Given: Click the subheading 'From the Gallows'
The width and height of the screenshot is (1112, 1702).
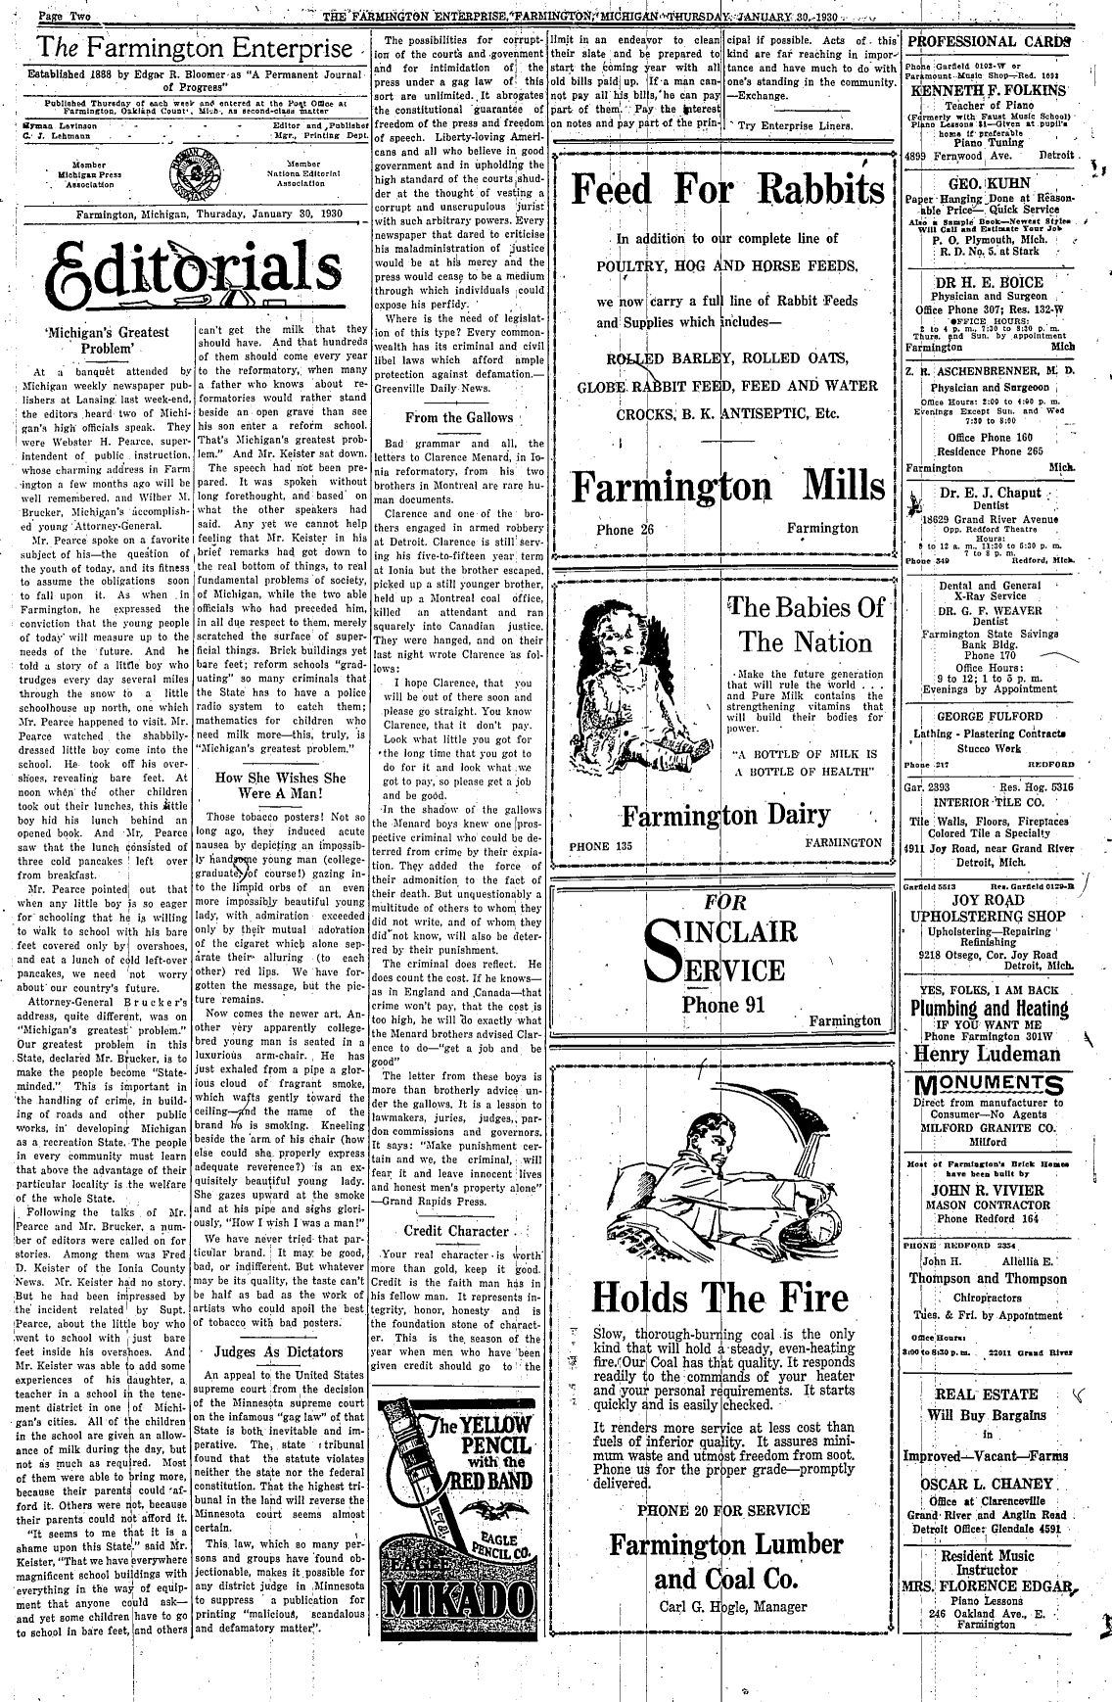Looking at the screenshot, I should pos(459,417).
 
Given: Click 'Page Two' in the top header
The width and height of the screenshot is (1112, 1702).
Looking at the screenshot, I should pos(66,18).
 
